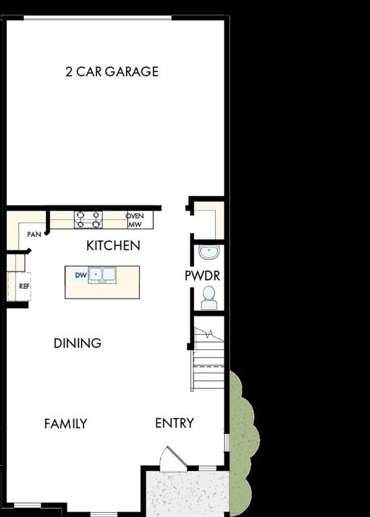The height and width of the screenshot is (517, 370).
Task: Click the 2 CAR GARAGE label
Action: click(x=112, y=71)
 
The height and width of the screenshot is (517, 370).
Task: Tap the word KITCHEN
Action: click(x=113, y=246)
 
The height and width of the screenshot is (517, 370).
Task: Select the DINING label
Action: click(x=78, y=343)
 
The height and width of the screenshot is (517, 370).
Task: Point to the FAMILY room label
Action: click(x=65, y=423)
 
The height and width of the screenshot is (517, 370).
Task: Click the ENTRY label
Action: click(x=175, y=423)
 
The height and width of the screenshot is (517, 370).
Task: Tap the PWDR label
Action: click(x=202, y=276)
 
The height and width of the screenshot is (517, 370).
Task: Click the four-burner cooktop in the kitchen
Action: click(x=88, y=220)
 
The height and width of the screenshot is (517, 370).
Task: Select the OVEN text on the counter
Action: click(x=135, y=215)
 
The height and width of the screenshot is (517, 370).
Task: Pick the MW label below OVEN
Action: click(x=135, y=224)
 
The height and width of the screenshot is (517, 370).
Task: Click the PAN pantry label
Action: click(x=34, y=234)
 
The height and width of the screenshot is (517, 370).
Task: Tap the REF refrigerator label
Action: click(x=24, y=286)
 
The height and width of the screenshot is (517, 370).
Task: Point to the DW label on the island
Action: click(x=80, y=275)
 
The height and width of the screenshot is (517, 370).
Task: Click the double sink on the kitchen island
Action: click(x=102, y=275)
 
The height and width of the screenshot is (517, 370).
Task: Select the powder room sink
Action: click(x=210, y=252)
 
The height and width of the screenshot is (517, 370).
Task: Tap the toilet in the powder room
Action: click(x=209, y=297)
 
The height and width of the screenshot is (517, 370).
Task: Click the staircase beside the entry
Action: click(x=208, y=364)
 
